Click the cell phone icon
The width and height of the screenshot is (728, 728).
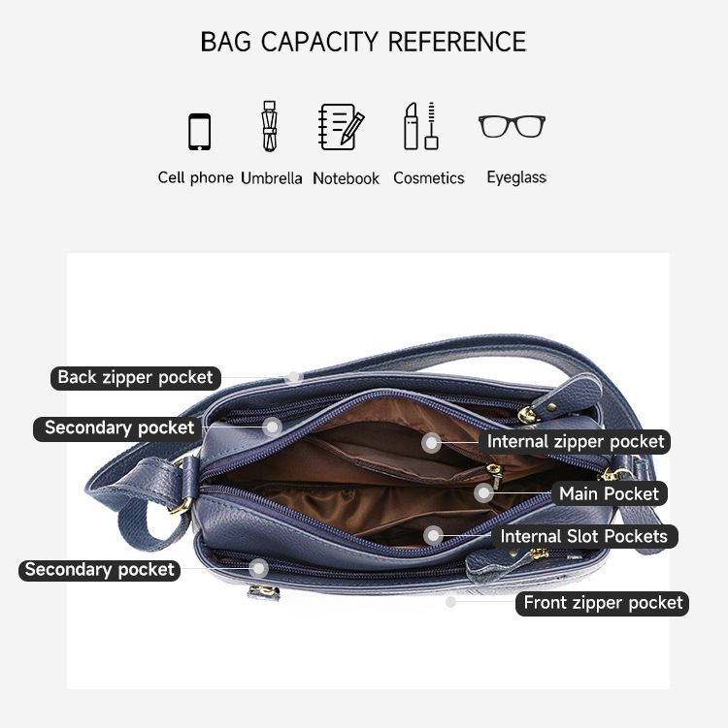199,132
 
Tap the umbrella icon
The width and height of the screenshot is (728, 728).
270,126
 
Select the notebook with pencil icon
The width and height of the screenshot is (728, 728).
342,127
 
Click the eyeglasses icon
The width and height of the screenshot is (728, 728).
512,126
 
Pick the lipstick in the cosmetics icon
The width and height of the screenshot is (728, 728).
411,126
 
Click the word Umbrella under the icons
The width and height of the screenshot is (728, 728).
272,178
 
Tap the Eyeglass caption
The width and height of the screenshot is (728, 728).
516,177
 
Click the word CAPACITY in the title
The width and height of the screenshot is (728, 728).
319,42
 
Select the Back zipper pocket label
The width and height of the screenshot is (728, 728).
135,378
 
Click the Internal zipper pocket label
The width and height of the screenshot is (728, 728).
576,441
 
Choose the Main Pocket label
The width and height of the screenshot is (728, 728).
609,493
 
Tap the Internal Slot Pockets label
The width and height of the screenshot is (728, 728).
584,537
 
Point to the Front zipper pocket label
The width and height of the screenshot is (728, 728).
603,603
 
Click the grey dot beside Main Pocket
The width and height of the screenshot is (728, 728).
484,492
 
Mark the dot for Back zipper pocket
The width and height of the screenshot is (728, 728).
294,377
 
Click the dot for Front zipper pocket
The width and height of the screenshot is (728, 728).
450,602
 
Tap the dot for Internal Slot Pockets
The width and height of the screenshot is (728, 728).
433,536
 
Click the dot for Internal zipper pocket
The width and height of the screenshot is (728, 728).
431,442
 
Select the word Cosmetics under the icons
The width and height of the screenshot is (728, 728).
429,178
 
